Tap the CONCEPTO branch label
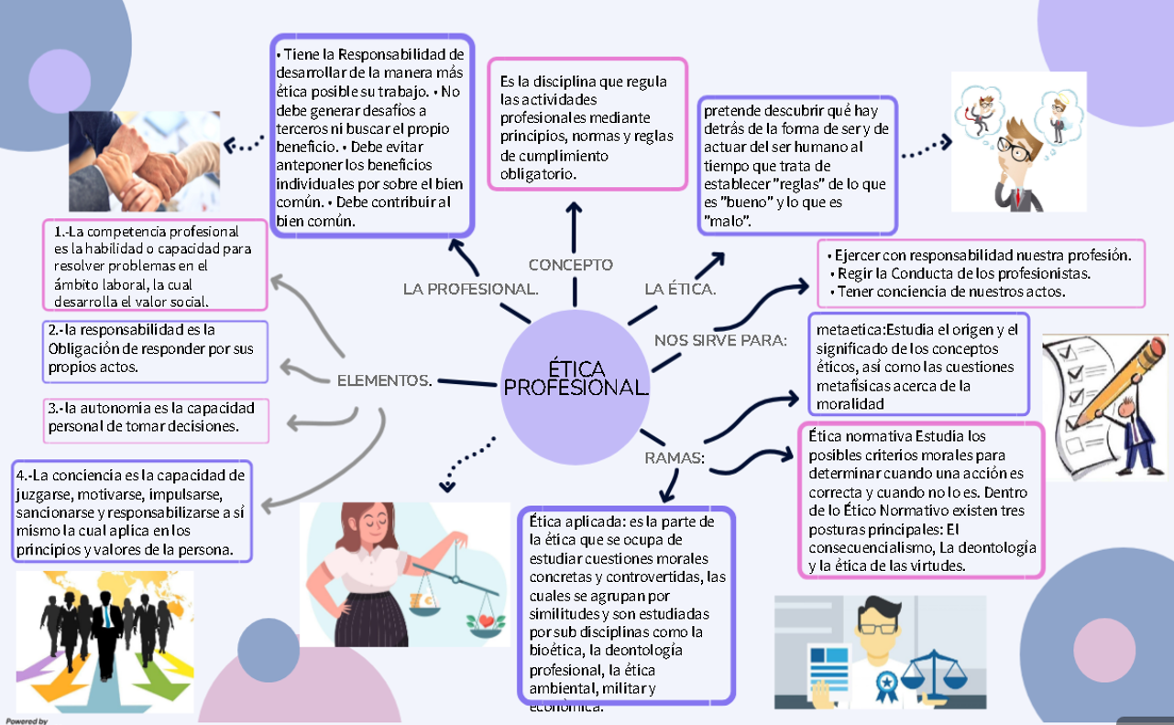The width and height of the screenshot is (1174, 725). pyautogui.click(x=570, y=265)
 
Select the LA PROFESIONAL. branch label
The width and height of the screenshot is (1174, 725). pyautogui.click(x=470, y=290)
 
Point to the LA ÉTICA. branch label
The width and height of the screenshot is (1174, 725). pyautogui.click(x=680, y=290)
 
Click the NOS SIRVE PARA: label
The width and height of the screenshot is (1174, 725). pyautogui.click(x=720, y=341)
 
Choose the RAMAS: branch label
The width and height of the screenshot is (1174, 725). pyautogui.click(x=674, y=457)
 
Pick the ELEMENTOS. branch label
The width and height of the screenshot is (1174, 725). pyautogui.click(x=385, y=380)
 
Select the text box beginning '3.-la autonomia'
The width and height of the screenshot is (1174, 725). pyautogui.click(x=157, y=418)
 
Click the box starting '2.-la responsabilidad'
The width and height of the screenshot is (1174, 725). pyautogui.click(x=156, y=350)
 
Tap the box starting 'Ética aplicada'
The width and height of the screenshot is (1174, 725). pyautogui.click(x=627, y=605)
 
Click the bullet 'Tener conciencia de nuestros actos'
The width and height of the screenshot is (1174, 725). pyautogui.click(x=949, y=292)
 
